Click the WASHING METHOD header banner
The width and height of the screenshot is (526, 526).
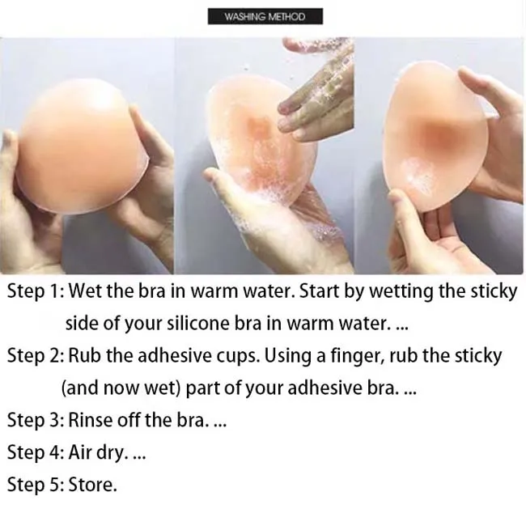pyautogui.click(x=265, y=16)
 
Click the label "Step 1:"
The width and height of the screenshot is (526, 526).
pyautogui.click(x=36, y=291)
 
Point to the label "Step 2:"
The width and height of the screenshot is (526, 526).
pyautogui.click(x=36, y=355)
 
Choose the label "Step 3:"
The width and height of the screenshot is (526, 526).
pyautogui.click(x=36, y=420)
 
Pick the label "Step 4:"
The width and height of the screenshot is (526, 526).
pyautogui.click(x=36, y=452)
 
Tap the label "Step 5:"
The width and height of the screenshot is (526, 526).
pyautogui.click(x=36, y=485)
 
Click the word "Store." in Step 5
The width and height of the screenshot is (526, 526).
pyautogui.click(x=93, y=485)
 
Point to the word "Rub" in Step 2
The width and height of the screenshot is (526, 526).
pyautogui.click(x=84, y=355)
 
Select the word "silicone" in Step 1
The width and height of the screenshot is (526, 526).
pyautogui.click(x=210, y=323)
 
